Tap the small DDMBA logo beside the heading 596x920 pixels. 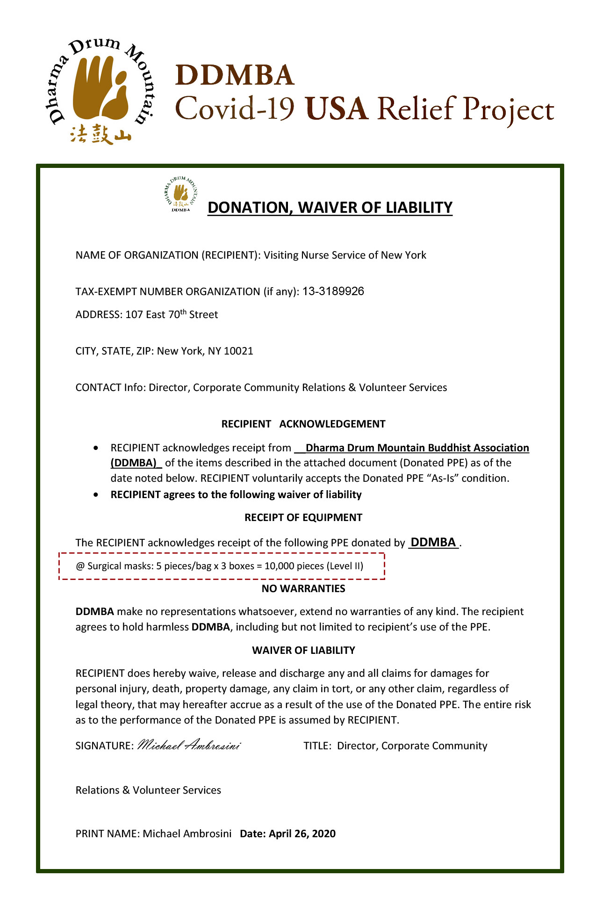pyautogui.click(x=181, y=194)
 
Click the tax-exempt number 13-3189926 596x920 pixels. pyautogui.click(x=333, y=291)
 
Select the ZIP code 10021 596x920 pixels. pyautogui.click(x=238, y=351)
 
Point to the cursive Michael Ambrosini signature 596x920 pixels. pyautogui.click(x=189, y=745)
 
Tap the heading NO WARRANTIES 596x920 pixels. pyautogui.click(x=303, y=588)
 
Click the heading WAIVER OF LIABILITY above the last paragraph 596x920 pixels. pyautogui.click(x=303, y=650)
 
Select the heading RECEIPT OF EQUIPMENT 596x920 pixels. pyautogui.click(x=303, y=517)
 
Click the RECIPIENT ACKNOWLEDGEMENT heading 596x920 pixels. pyautogui.click(x=303, y=424)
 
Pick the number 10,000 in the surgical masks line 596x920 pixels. pyautogui.click(x=279, y=566)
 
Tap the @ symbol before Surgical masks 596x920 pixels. pyautogui.click(x=80, y=566)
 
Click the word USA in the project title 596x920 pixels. pyautogui.click(x=336, y=109)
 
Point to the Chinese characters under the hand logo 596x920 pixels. pyautogui.click(x=101, y=134)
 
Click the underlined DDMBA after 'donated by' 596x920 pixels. pyautogui.click(x=433, y=542)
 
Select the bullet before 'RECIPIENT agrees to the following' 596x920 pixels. pyautogui.click(x=96, y=494)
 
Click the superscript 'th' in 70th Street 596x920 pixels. pyautogui.click(x=183, y=311)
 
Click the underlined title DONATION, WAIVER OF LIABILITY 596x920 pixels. pyautogui.click(x=330, y=207)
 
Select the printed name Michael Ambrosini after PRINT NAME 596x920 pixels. pyautogui.click(x=187, y=833)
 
